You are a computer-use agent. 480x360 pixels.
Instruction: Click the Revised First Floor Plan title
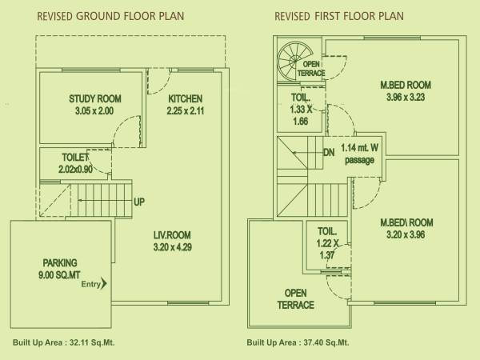339,16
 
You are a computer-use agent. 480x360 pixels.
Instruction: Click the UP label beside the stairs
139,202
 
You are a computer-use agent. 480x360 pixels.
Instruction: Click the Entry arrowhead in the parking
103,282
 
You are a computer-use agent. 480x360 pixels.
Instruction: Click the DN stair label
329,153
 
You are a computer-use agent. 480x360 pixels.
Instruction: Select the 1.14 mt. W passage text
359,154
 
